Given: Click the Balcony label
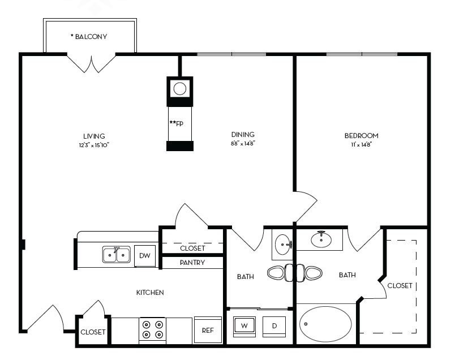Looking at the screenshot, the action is [89, 37].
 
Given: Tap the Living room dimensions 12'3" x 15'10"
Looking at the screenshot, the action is [94, 145].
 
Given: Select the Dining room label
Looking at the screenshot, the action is [243, 134].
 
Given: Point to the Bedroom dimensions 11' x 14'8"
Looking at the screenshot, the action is [361, 144].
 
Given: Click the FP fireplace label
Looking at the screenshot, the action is [177, 123].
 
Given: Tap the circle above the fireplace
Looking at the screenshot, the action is [179, 88].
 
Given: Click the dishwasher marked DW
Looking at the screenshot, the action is [145, 256].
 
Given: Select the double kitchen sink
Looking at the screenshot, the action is [117, 255].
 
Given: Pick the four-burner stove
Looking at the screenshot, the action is [152, 330].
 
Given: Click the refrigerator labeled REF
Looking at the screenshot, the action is [208, 330].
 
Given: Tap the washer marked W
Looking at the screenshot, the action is [244, 326].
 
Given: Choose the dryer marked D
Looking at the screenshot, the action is [274, 326].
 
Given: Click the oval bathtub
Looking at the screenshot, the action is [325, 324].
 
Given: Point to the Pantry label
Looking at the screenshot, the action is [192, 263].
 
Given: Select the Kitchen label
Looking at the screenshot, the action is [150, 292].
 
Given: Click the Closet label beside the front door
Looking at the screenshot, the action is [93, 332].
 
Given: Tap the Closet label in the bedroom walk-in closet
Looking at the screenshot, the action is [400, 286].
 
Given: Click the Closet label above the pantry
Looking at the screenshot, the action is [192, 248].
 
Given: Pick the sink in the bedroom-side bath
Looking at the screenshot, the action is [321, 239].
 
